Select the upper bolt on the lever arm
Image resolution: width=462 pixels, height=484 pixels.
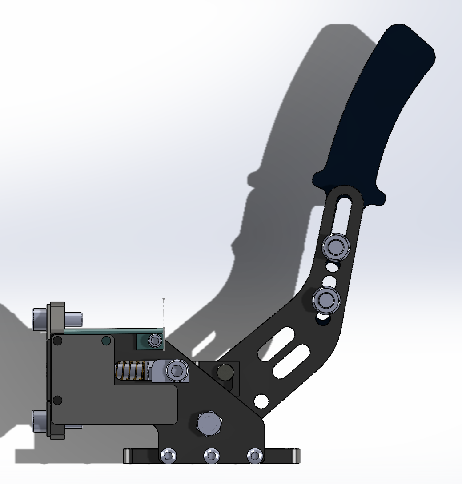337,246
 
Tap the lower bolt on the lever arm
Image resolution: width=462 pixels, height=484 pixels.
326,300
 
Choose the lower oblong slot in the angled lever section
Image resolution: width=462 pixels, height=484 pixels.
291,361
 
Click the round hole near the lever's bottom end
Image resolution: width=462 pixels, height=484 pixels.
261,401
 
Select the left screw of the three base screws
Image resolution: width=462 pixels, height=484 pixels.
169,456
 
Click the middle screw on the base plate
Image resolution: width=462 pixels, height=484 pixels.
212,456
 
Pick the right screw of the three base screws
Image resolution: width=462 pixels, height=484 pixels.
255,456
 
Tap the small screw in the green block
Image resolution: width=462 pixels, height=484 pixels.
155,341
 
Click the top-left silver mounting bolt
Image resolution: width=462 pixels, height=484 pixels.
42,318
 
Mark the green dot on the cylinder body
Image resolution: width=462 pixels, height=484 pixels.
106,341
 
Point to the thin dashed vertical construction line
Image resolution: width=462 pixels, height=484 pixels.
164,313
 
